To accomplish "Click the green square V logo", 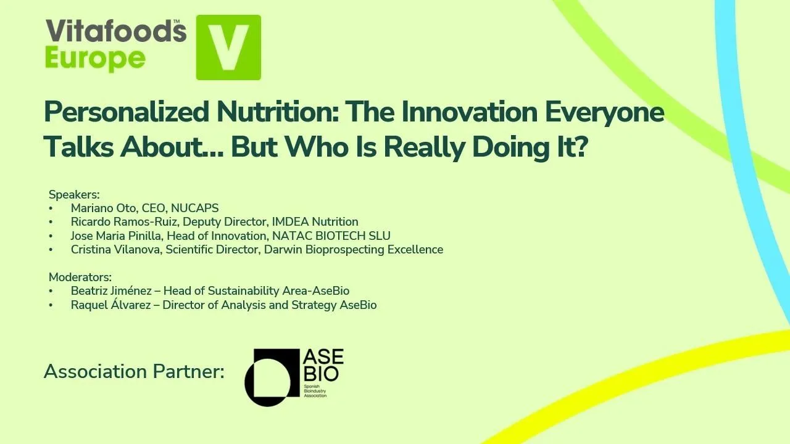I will click(x=228, y=47).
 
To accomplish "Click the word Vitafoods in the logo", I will click(x=115, y=31).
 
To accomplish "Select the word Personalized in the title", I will click(x=127, y=112).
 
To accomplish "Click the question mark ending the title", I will click(x=580, y=147).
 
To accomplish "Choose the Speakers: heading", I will click(x=74, y=195).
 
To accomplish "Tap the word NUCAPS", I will click(x=194, y=208).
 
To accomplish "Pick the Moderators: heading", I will click(x=80, y=277).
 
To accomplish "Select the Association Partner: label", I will click(x=134, y=372).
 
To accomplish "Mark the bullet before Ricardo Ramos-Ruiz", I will click(x=51, y=222).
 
